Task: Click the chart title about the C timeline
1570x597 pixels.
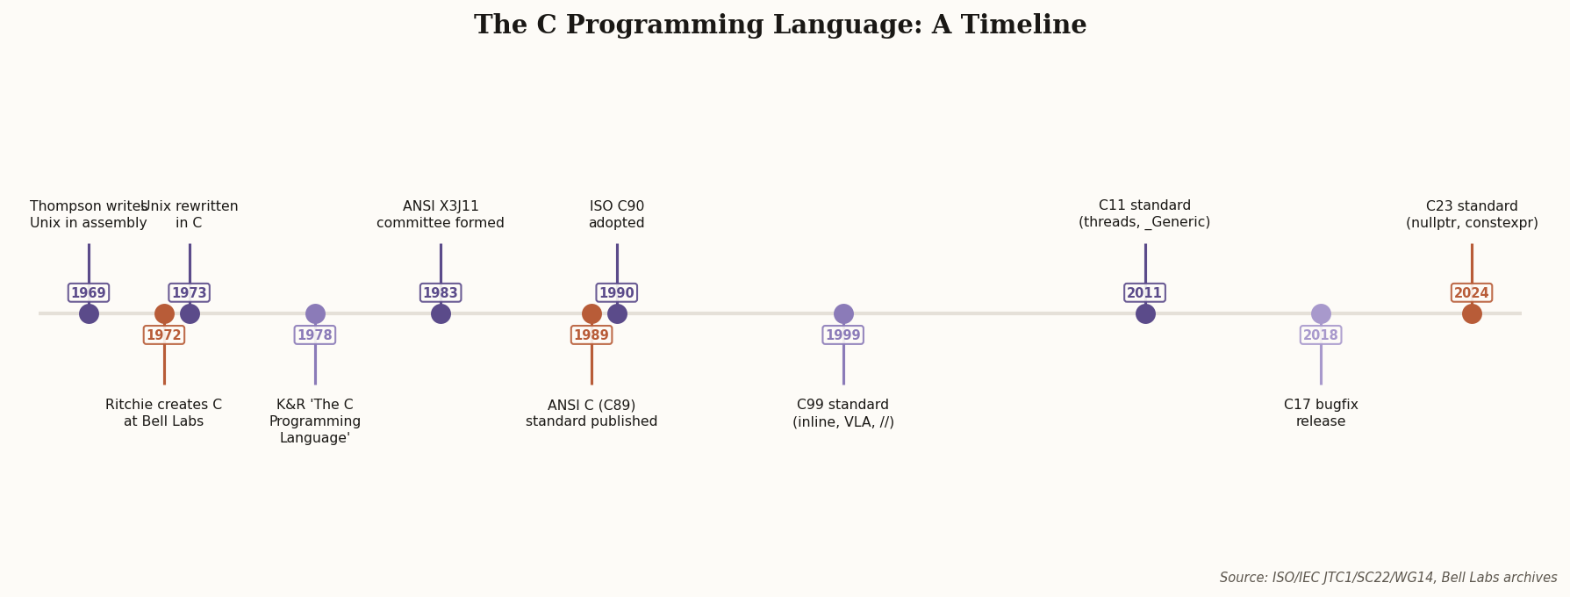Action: tap(779, 25)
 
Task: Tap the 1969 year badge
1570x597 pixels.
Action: tap(89, 293)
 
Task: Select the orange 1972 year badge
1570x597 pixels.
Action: tap(164, 335)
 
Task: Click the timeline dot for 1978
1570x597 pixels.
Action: tap(315, 313)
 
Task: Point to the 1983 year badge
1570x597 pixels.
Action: tap(441, 293)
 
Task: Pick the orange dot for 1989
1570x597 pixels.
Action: tap(591, 313)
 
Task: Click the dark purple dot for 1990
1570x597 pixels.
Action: tap(617, 313)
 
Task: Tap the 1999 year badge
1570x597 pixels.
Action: tap(843, 335)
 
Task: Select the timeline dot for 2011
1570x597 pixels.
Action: tap(1145, 313)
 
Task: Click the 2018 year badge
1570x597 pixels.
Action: tap(1321, 335)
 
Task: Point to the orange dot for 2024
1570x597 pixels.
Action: tap(1472, 313)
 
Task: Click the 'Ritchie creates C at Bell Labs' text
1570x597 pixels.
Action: tap(164, 414)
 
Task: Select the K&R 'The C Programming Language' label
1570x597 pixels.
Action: tap(315, 421)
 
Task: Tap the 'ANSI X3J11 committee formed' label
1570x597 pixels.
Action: tap(441, 215)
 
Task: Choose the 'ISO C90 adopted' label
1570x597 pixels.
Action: tap(617, 215)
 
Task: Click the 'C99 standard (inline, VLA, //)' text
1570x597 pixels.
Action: tap(843, 414)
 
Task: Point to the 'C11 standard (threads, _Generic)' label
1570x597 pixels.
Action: tap(1144, 214)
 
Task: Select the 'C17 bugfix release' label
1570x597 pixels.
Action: tap(1321, 414)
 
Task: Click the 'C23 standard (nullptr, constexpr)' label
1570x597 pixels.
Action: tap(1472, 215)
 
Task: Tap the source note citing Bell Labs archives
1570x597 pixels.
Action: tap(1387, 578)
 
